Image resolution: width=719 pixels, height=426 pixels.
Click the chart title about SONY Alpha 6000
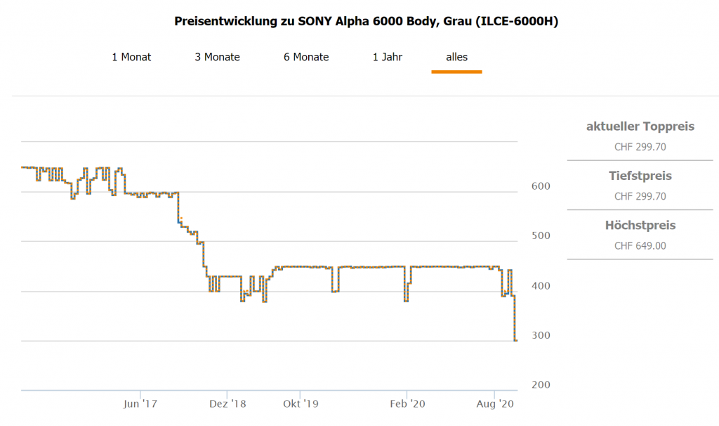tap(366, 21)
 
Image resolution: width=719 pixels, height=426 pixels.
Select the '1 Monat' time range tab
tap(131, 57)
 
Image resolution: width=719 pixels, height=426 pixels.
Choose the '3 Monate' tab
tap(217, 57)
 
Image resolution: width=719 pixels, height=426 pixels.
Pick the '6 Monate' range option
tap(306, 57)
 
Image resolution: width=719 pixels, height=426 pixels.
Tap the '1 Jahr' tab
tap(388, 57)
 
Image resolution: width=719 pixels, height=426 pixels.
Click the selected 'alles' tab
tap(456, 57)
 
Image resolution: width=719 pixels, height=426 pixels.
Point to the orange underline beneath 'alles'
tap(456, 72)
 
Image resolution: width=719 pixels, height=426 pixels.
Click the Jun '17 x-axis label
tap(140, 404)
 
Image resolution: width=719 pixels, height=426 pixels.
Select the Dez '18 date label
tap(227, 404)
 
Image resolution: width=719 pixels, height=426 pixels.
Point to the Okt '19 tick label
tap(301, 404)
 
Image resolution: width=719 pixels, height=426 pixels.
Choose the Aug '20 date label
tap(495, 404)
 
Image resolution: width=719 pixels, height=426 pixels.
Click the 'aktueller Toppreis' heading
tap(640, 127)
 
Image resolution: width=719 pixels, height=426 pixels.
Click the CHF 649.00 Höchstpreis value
tap(640, 246)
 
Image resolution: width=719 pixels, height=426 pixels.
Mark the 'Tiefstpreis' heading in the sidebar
tap(640, 176)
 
